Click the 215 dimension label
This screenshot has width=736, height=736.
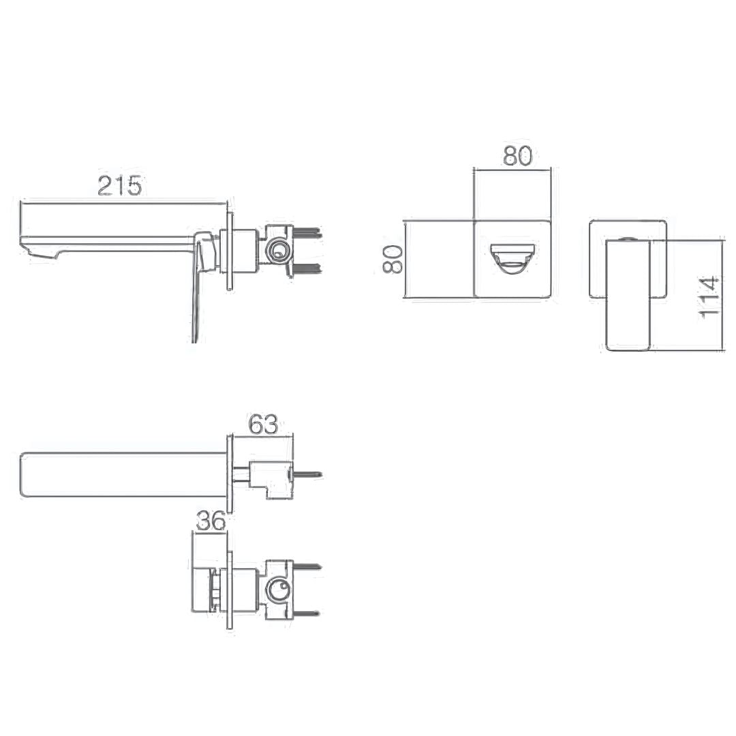click(119, 185)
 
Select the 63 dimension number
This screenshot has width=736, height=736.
click(263, 425)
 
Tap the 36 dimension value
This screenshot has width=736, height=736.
click(211, 521)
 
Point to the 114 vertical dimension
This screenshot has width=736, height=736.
click(709, 298)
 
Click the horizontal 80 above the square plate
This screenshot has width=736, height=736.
click(518, 156)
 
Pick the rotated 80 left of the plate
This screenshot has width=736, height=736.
click(393, 259)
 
